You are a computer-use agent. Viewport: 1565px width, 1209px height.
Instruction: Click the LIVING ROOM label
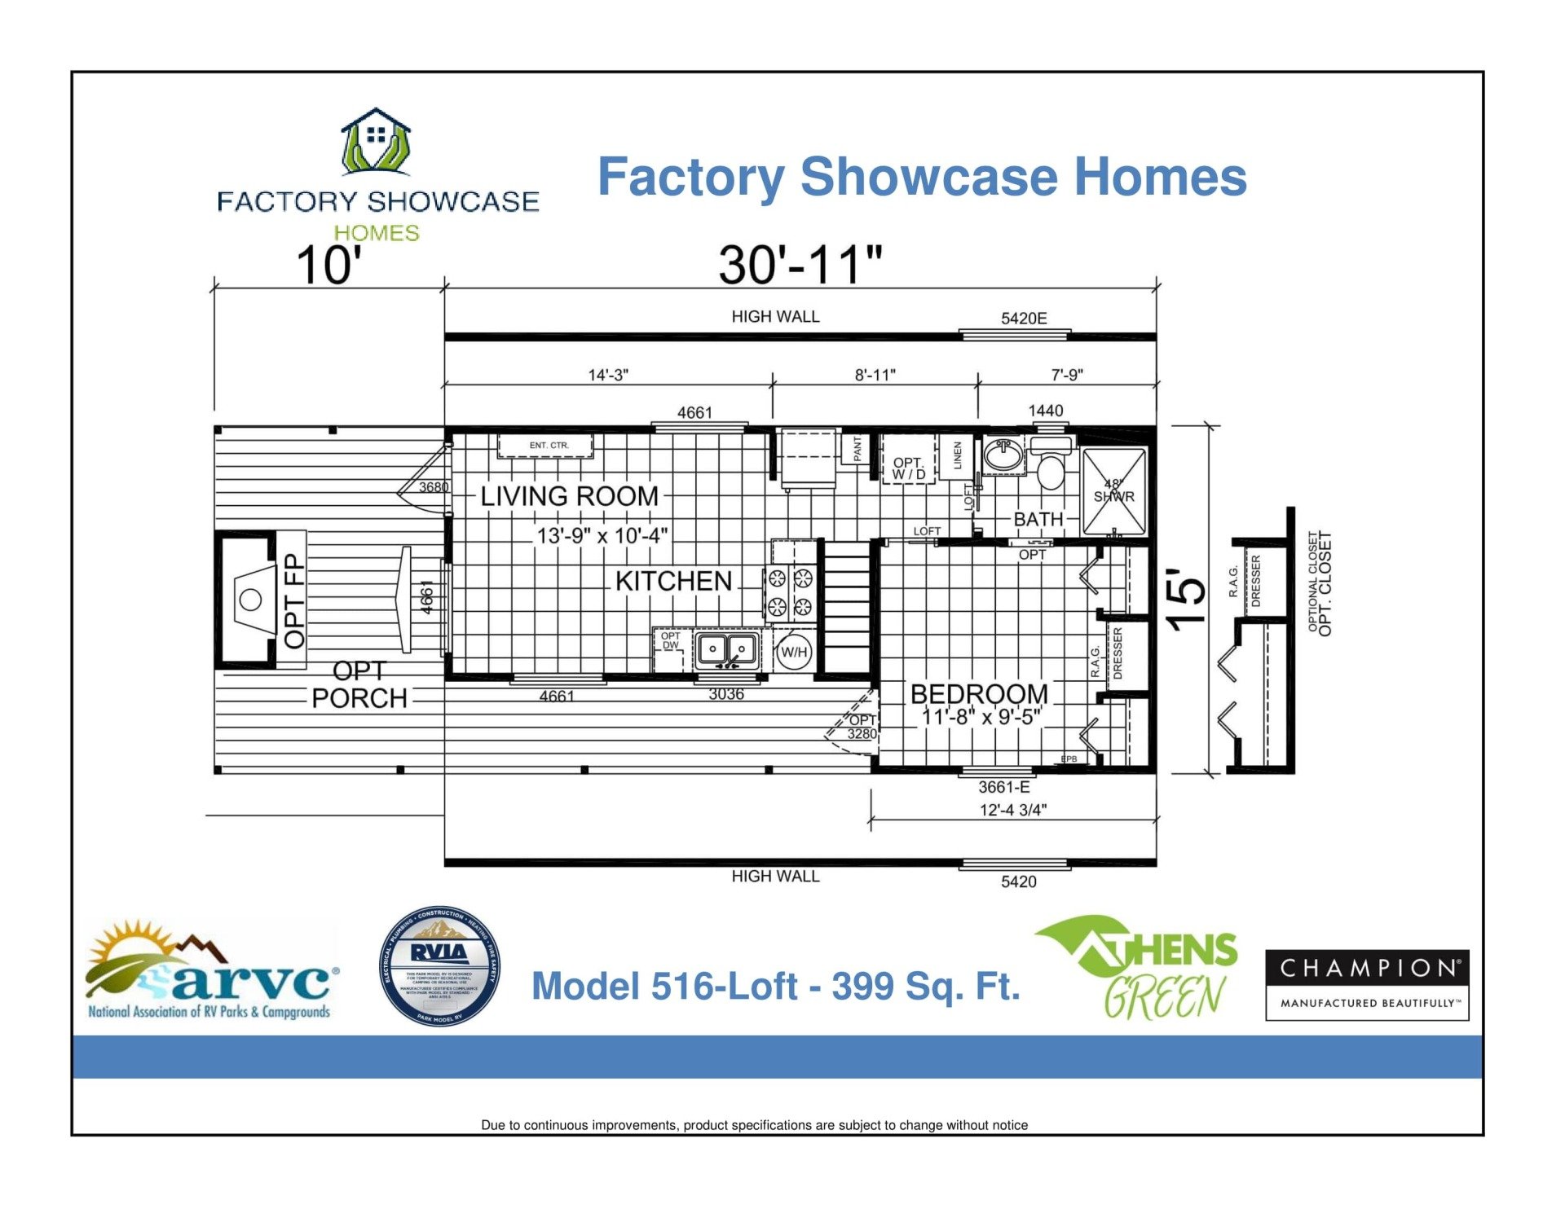(x=569, y=496)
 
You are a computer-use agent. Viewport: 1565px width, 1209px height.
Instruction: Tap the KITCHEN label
(x=673, y=581)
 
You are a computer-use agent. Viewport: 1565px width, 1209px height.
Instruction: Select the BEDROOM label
(x=978, y=694)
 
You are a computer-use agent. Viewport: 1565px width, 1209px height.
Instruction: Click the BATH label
(x=1038, y=519)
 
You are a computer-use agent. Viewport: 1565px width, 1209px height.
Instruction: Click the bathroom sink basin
(x=1003, y=455)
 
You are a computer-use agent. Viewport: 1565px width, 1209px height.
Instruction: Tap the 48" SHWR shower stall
(x=1113, y=491)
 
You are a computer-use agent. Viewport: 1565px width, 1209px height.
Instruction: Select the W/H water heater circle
(x=794, y=652)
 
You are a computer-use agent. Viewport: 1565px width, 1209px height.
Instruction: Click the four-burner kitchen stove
(x=790, y=592)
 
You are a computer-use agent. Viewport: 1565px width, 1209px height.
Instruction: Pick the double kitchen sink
(x=727, y=650)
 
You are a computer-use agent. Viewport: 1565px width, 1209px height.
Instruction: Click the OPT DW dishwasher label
(x=670, y=641)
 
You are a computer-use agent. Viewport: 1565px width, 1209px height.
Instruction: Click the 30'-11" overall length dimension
(x=800, y=266)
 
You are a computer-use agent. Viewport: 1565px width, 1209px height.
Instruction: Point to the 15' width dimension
(x=1187, y=599)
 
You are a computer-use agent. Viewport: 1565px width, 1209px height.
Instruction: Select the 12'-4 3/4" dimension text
(x=1012, y=810)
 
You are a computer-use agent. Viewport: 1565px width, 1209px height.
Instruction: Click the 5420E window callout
(x=1024, y=319)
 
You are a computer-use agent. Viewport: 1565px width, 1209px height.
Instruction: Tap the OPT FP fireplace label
(x=293, y=600)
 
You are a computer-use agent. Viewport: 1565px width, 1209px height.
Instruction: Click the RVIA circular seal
(x=439, y=966)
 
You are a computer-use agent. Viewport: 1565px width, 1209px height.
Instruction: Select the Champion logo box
(x=1366, y=984)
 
